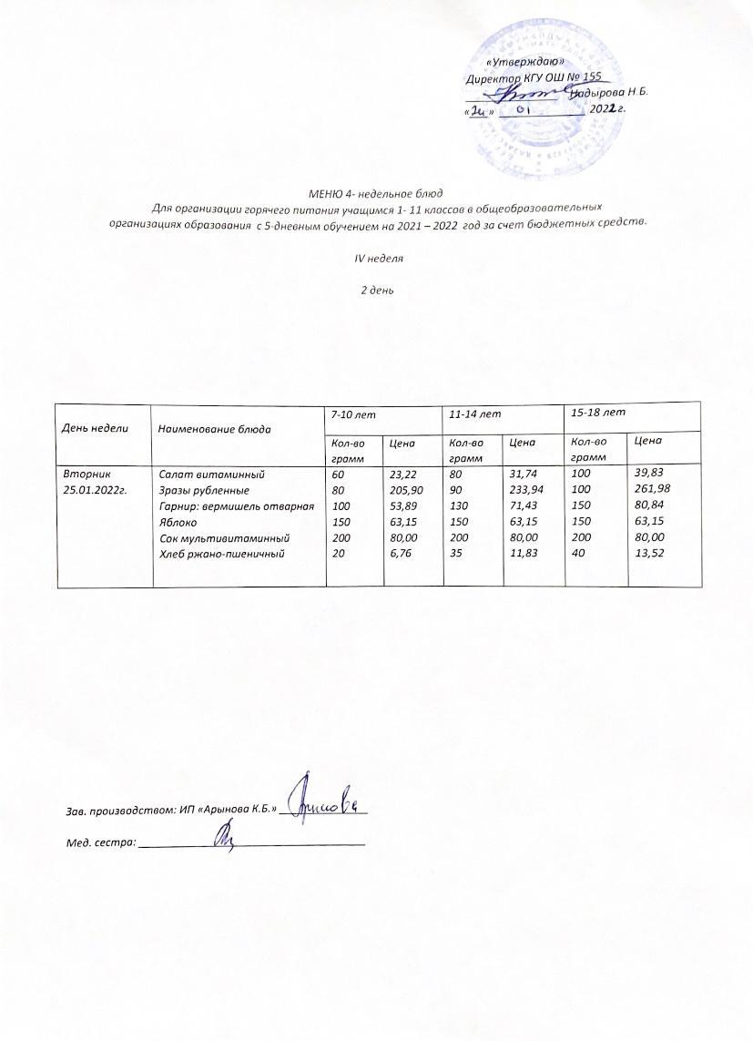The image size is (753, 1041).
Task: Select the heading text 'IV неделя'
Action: pos(378,258)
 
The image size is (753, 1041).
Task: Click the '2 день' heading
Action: pos(378,291)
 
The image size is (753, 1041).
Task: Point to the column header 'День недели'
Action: pos(95,427)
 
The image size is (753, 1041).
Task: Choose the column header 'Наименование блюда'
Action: pos(214,427)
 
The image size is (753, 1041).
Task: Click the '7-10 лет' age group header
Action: pos(354,414)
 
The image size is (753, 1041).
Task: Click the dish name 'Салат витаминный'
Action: pos(211,475)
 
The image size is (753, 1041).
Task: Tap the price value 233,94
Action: pos(526,490)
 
